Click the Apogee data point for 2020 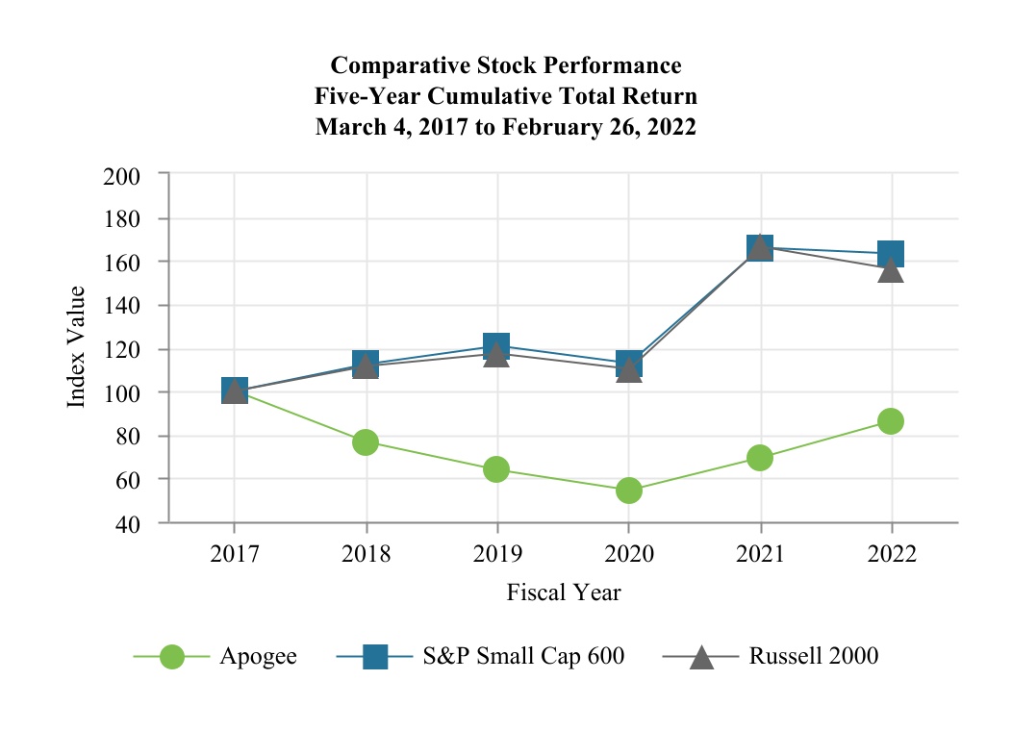pos(628,491)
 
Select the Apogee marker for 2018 pos(366,442)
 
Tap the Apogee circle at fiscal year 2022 pos(891,421)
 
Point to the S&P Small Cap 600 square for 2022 pos(891,254)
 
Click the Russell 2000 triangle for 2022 pos(891,271)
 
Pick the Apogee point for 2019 pos(496,469)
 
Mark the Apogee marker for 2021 pos(760,458)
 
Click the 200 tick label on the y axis pos(122,176)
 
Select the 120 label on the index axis pos(122,350)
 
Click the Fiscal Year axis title pos(564,592)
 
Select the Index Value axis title pos(77,347)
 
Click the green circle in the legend pos(171,657)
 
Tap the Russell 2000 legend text pos(814,657)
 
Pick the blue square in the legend pos(375,657)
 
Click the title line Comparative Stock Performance pos(506,65)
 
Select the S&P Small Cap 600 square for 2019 pos(496,345)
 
